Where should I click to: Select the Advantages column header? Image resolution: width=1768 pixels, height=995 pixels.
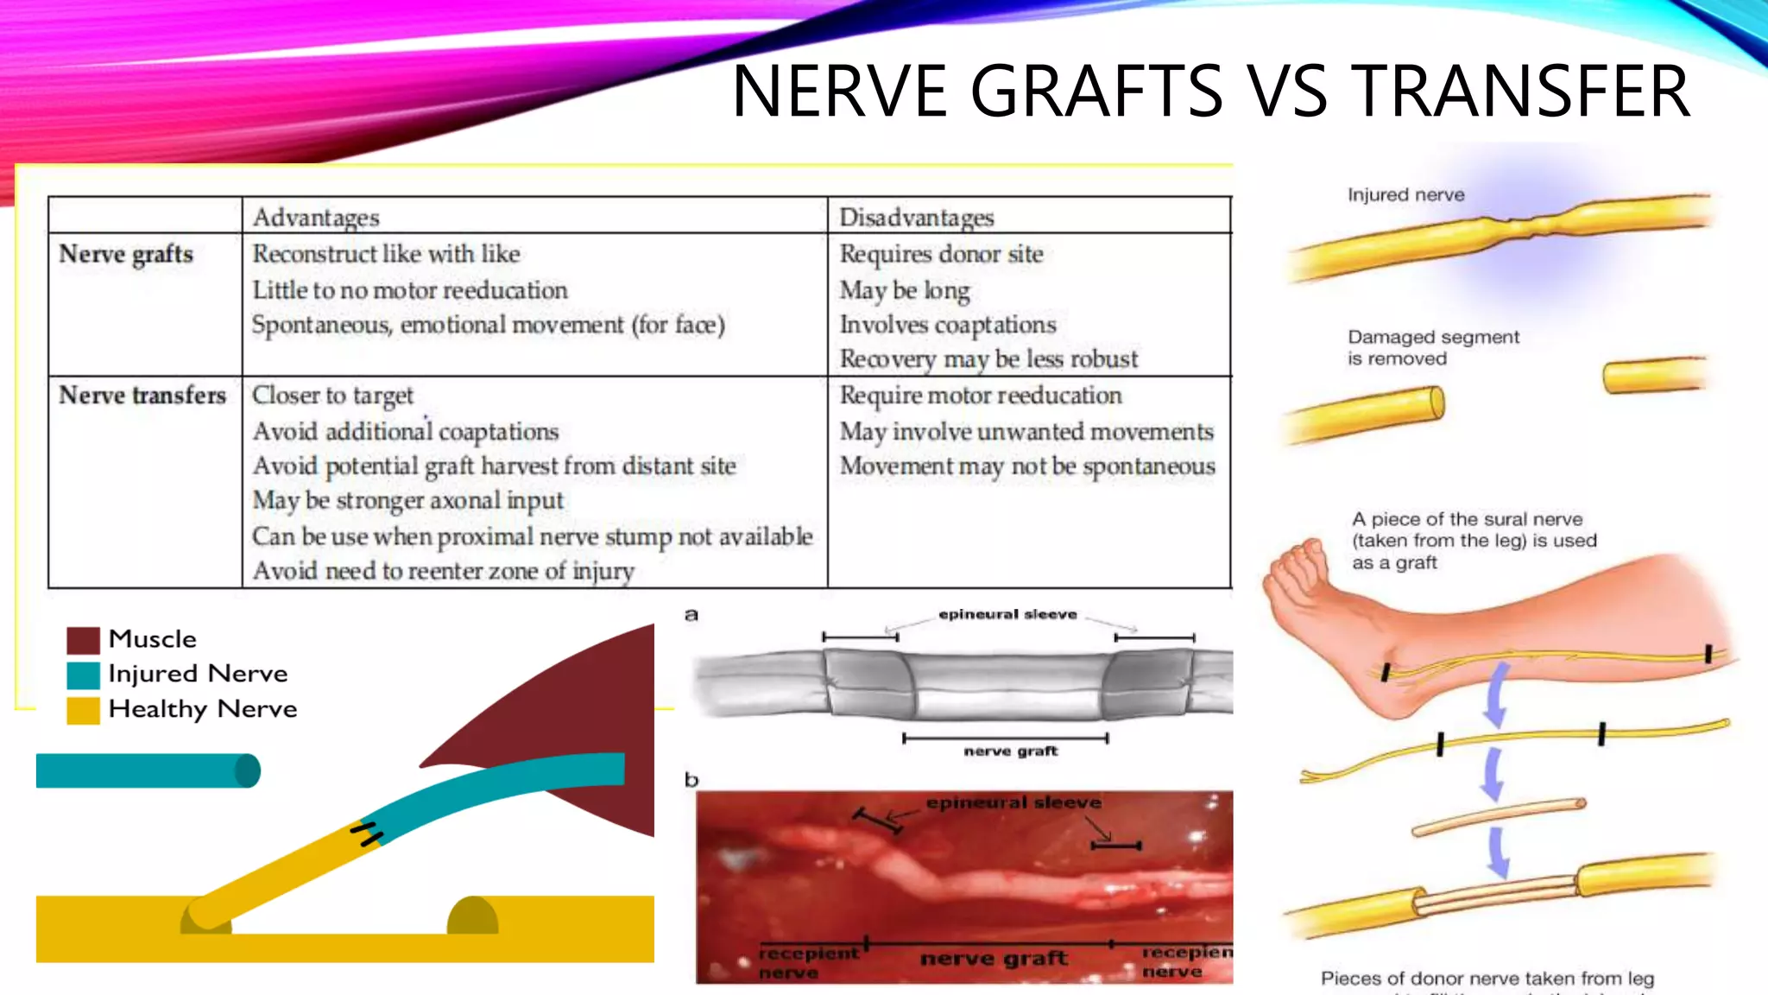316,217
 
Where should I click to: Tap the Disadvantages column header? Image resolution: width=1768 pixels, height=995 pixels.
917,217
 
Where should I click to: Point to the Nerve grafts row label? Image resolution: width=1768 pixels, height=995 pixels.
126,254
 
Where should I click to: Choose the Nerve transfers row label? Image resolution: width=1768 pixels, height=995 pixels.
142,395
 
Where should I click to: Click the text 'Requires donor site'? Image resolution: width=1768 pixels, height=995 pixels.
941,254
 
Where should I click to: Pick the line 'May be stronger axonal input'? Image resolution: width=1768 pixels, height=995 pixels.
407,500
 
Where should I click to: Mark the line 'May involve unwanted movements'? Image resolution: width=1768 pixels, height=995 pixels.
1026,431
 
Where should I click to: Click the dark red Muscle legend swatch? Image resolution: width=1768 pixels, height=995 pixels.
83,640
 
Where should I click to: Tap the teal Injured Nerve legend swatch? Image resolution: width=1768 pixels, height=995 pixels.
83,675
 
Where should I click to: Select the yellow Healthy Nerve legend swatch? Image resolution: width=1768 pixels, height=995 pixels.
83,710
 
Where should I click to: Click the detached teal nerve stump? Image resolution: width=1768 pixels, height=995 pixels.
147,770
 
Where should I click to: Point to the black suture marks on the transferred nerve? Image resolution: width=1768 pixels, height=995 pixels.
367,833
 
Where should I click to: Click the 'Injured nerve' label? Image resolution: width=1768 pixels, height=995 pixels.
1405,195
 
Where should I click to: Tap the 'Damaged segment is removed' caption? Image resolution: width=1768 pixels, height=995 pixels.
1433,347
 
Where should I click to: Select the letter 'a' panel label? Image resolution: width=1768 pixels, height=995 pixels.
691,615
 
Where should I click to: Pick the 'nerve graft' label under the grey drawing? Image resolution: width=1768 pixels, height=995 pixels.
1010,751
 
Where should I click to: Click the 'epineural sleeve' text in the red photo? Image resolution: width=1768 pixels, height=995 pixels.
1013,802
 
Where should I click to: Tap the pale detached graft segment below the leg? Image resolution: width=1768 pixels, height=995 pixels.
1498,817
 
